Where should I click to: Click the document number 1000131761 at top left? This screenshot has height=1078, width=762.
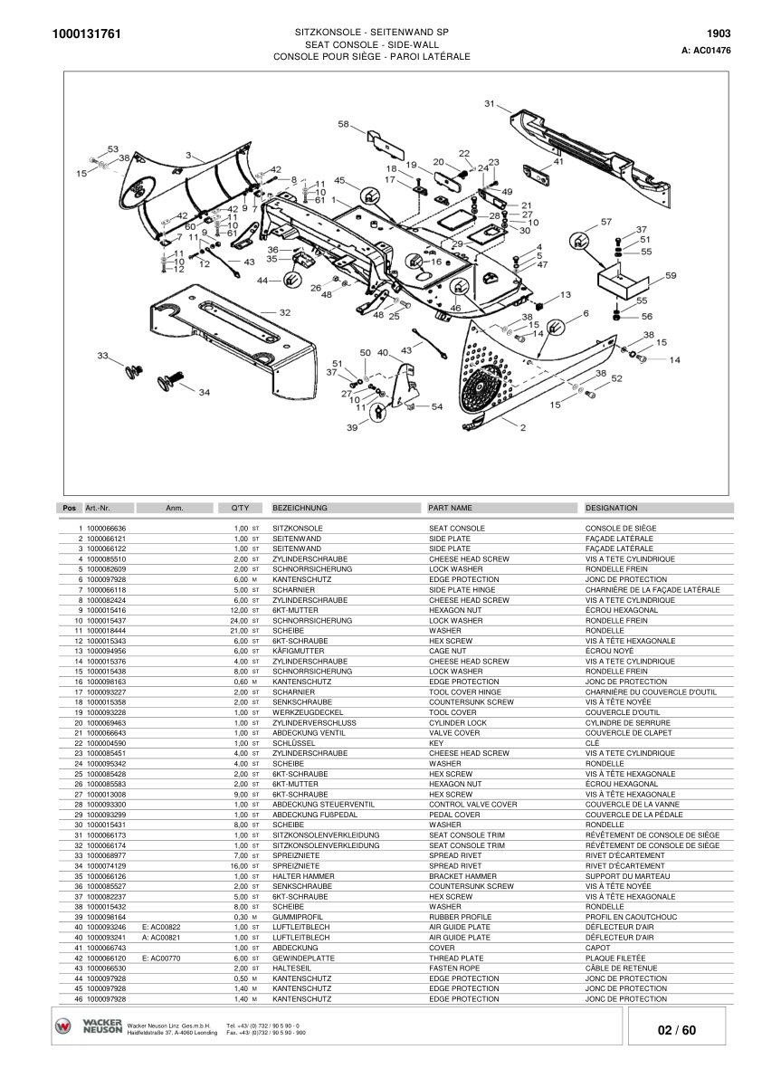tap(81, 34)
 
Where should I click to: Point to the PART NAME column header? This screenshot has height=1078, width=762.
tap(451, 508)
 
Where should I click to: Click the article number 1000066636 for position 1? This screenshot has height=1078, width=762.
tap(107, 528)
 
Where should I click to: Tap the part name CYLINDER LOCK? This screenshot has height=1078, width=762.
tap(458, 723)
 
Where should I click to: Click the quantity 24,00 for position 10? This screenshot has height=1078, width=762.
tap(238, 621)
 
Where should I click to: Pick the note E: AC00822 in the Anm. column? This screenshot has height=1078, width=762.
tap(162, 927)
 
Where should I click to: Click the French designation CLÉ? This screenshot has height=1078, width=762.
tap(592, 742)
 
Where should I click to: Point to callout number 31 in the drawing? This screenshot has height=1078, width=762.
tap(490, 104)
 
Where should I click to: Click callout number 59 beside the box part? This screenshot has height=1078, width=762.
tap(671, 275)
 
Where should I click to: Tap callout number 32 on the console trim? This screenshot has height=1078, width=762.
tap(285, 312)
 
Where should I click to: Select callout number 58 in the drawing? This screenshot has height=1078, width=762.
tap(344, 124)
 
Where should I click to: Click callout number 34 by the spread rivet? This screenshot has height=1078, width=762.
tap(204, 392)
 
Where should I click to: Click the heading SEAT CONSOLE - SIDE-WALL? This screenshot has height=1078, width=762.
tap(371, 43)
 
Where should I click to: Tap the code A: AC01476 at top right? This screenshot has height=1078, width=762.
tap(706, 51)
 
